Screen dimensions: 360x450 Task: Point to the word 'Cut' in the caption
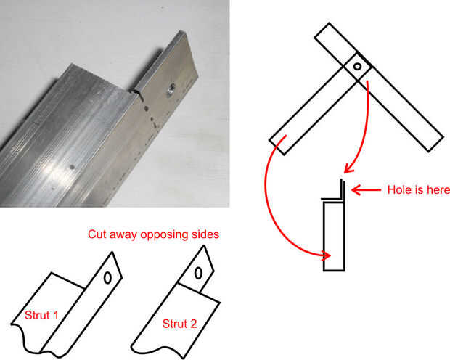pyautogui.click(x=97, y=234)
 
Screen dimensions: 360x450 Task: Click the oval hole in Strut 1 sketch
pyautogui.click(x=107, y=277)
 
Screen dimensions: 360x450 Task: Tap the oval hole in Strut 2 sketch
pyautogui.click(x=197, y=274)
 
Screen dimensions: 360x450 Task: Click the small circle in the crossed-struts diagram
pyautogui.click(x=357, y=67)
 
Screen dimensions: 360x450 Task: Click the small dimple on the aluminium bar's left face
pyautogui.click(x=72, y=165)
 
